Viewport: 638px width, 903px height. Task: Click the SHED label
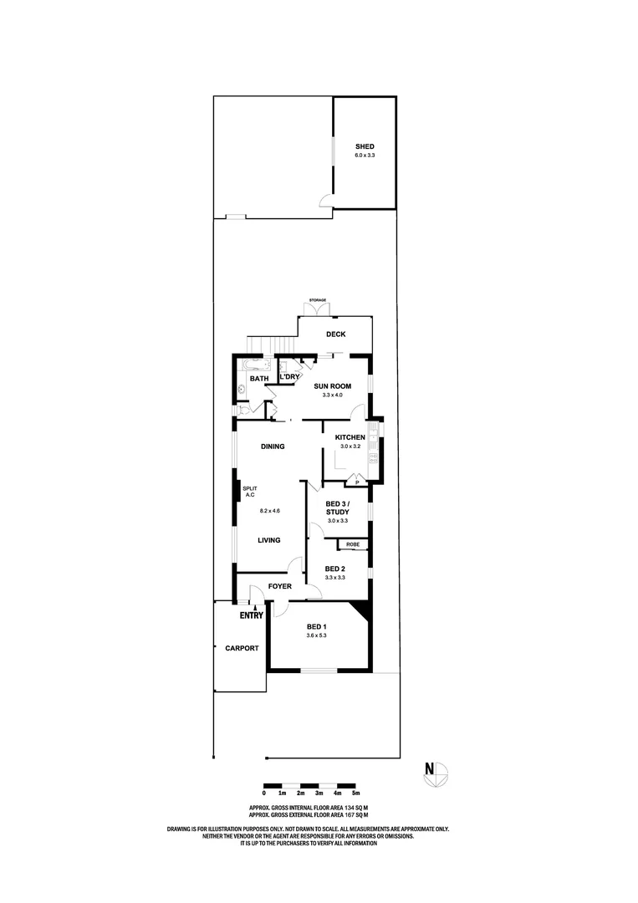click(365, 147)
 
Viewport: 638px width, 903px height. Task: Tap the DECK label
click(336, 334)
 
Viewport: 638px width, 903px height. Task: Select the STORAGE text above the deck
click(317, 299)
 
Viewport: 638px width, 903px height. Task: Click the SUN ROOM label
click(332, 385)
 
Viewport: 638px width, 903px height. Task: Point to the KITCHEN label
click(350, 437)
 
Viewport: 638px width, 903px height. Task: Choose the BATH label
click(259, 379)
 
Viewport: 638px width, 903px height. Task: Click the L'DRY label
click(289, 377)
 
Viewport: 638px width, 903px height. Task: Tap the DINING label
click(272, 446)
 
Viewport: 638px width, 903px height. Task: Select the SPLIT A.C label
click(248, 492)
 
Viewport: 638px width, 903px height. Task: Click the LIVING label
click(269, 540)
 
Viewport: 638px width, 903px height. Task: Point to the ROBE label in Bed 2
click(353, 544)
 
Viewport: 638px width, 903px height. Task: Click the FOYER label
click(279, 586)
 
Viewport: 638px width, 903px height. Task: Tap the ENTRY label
click(252, 616)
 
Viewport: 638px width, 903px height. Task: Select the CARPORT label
click(241, 648)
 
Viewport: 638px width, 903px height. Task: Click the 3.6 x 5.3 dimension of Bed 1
click(315, 635)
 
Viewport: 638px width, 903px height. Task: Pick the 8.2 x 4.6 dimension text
click(269, 510)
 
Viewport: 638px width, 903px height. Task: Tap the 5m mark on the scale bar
click(356, 793)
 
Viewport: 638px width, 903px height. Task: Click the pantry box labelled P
click(357, 482)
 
